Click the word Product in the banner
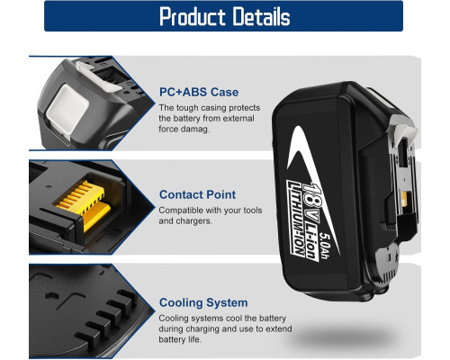pyautogui.click(x=193, y=16)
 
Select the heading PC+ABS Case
pyautogui.click(x=199, y=92)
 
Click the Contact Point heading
pyautogui.click(x=197, y=194)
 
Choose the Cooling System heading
pyautogui.click(x=203, y=302)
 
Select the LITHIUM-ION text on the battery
pyautogui.click(x=295, y=218)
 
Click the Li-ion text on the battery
pyautogui.click(x=311, y=241)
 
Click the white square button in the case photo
pyautogui.click(x=67, y=109)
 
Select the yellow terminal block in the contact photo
pyautogui.click(x=84, y=204)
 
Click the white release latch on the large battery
pyautogui.click(x=403, y=128)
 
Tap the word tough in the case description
pyautogui.click(x=187, y=108)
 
